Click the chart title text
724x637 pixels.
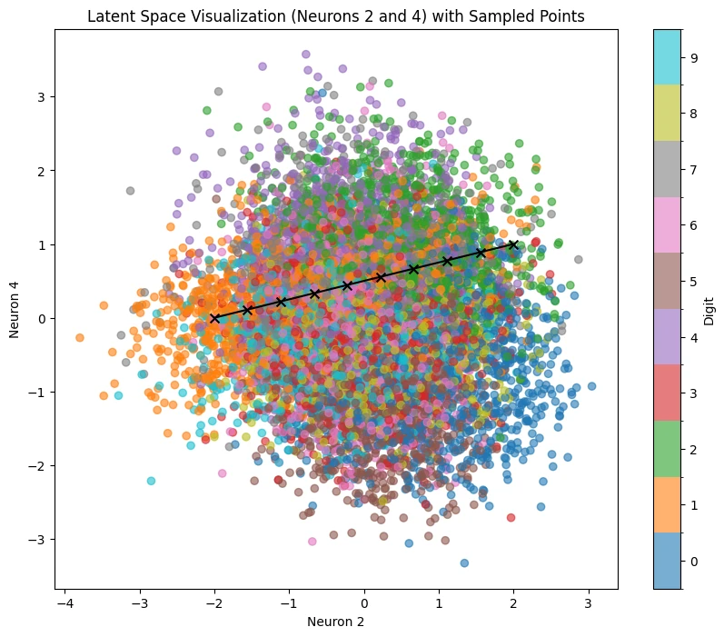click(x=336, y=16)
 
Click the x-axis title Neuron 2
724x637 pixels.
click(x=336, y=622)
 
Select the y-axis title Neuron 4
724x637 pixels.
click(x=14, y=310)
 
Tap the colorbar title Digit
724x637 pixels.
click(x=709, y=311)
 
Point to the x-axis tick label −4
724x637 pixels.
click(x=65, y=603)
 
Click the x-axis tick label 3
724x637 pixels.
click(x=589, y=603)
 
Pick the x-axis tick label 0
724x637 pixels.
click(x=364, y=603)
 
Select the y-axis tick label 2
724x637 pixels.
click(x=42, y=171)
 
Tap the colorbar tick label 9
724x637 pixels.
click(x=693, y=58)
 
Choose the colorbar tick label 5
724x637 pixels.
click(x=693, y=282)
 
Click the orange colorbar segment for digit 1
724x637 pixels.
click(x=667, y=505)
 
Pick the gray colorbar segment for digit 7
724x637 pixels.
click(x=667, y=169)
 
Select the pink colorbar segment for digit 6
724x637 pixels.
click(x=667, y=225)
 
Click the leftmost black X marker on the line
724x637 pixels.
click(x=214, y=318)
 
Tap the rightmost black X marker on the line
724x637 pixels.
click(x=513, y=244)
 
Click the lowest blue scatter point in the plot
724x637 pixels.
click(x=464, y=562)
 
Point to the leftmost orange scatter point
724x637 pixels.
click(x=80, y=338)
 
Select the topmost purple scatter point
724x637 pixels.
click(x=305, y=54)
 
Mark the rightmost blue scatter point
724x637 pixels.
click(x=591, y=386)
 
